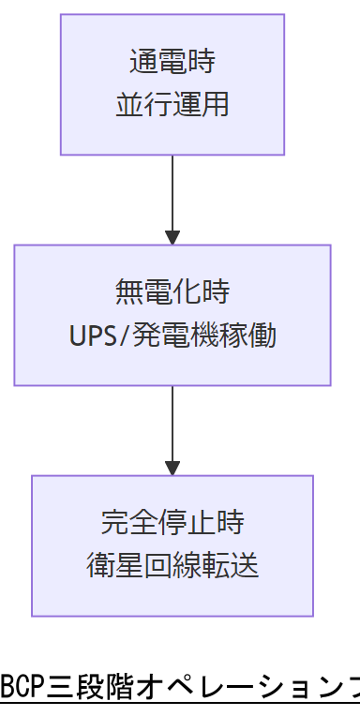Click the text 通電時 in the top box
click(x=172, y=63)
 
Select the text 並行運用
click(x=172, y=104)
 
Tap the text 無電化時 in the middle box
click(x=172, y=293)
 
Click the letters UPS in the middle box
click(x=90, y=336)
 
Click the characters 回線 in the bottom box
click(x=172, y=566)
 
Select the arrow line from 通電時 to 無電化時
click(x=172, y=192)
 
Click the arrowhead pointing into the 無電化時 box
click(x=172, y=237)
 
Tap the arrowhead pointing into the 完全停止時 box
click(x=172, y=468)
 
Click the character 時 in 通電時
click(x=201, y=63)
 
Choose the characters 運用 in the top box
click(x=201, y=104)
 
